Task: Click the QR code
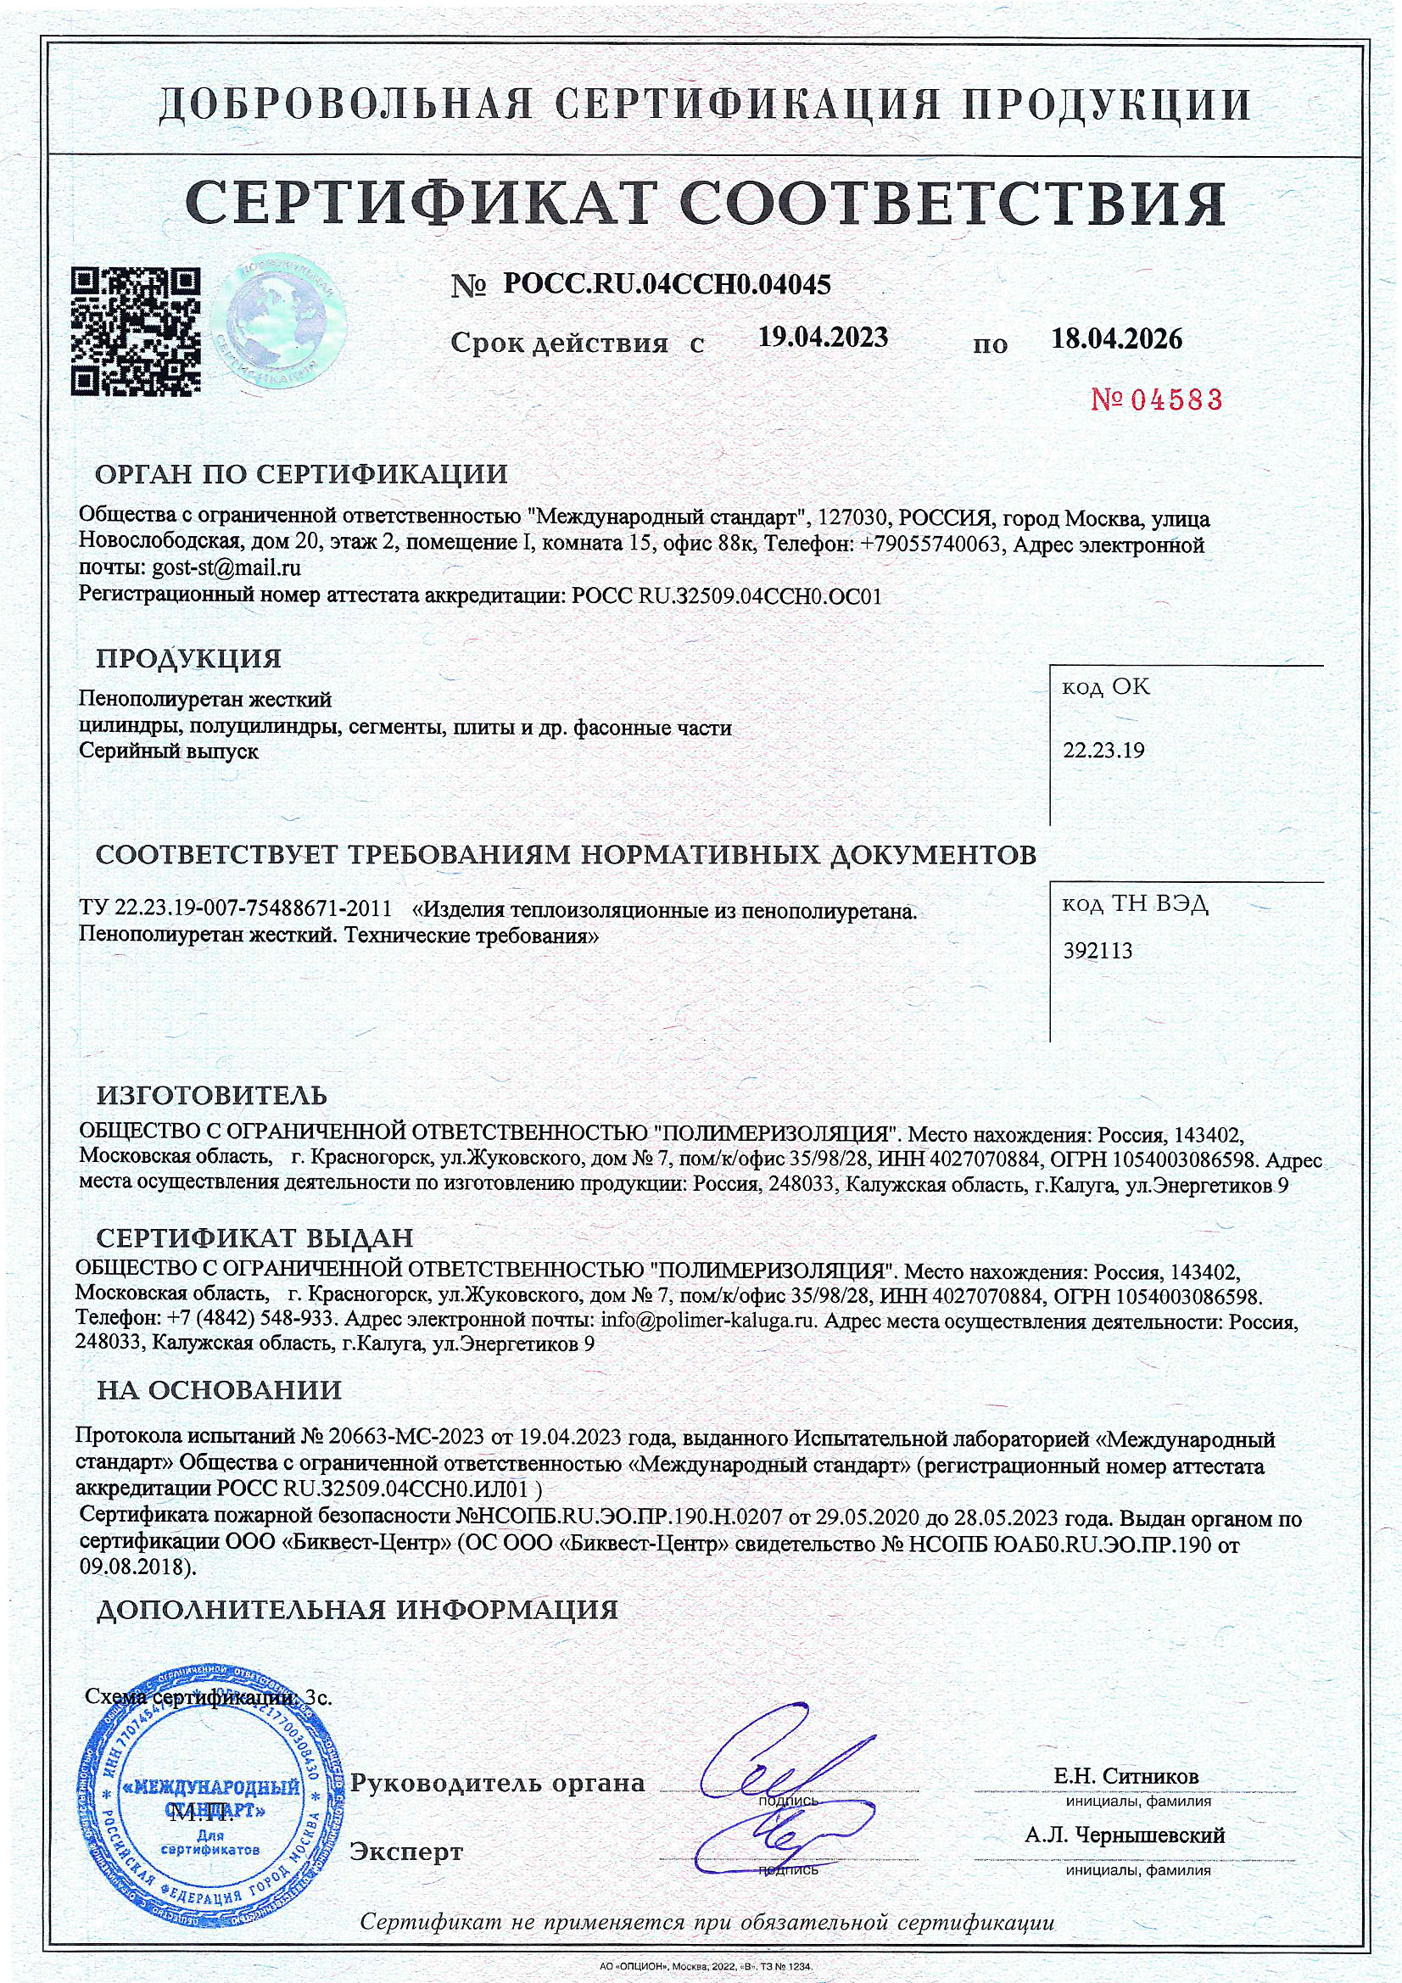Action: [137, 332]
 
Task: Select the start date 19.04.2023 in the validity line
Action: [823, 338]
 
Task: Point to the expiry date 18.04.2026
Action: [1116, 338]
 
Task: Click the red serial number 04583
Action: [1158, 399]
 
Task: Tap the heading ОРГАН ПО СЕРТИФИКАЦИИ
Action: [301, 474]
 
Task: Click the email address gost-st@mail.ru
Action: [226, 568]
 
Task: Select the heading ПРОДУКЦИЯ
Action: [188, 659]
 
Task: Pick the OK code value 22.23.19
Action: [1103, 750]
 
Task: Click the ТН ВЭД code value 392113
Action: [1097, 951]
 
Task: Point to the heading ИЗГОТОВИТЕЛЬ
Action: [212, 1096]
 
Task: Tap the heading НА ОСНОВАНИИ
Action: [219, 1389]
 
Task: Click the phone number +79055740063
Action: [931, 545]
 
